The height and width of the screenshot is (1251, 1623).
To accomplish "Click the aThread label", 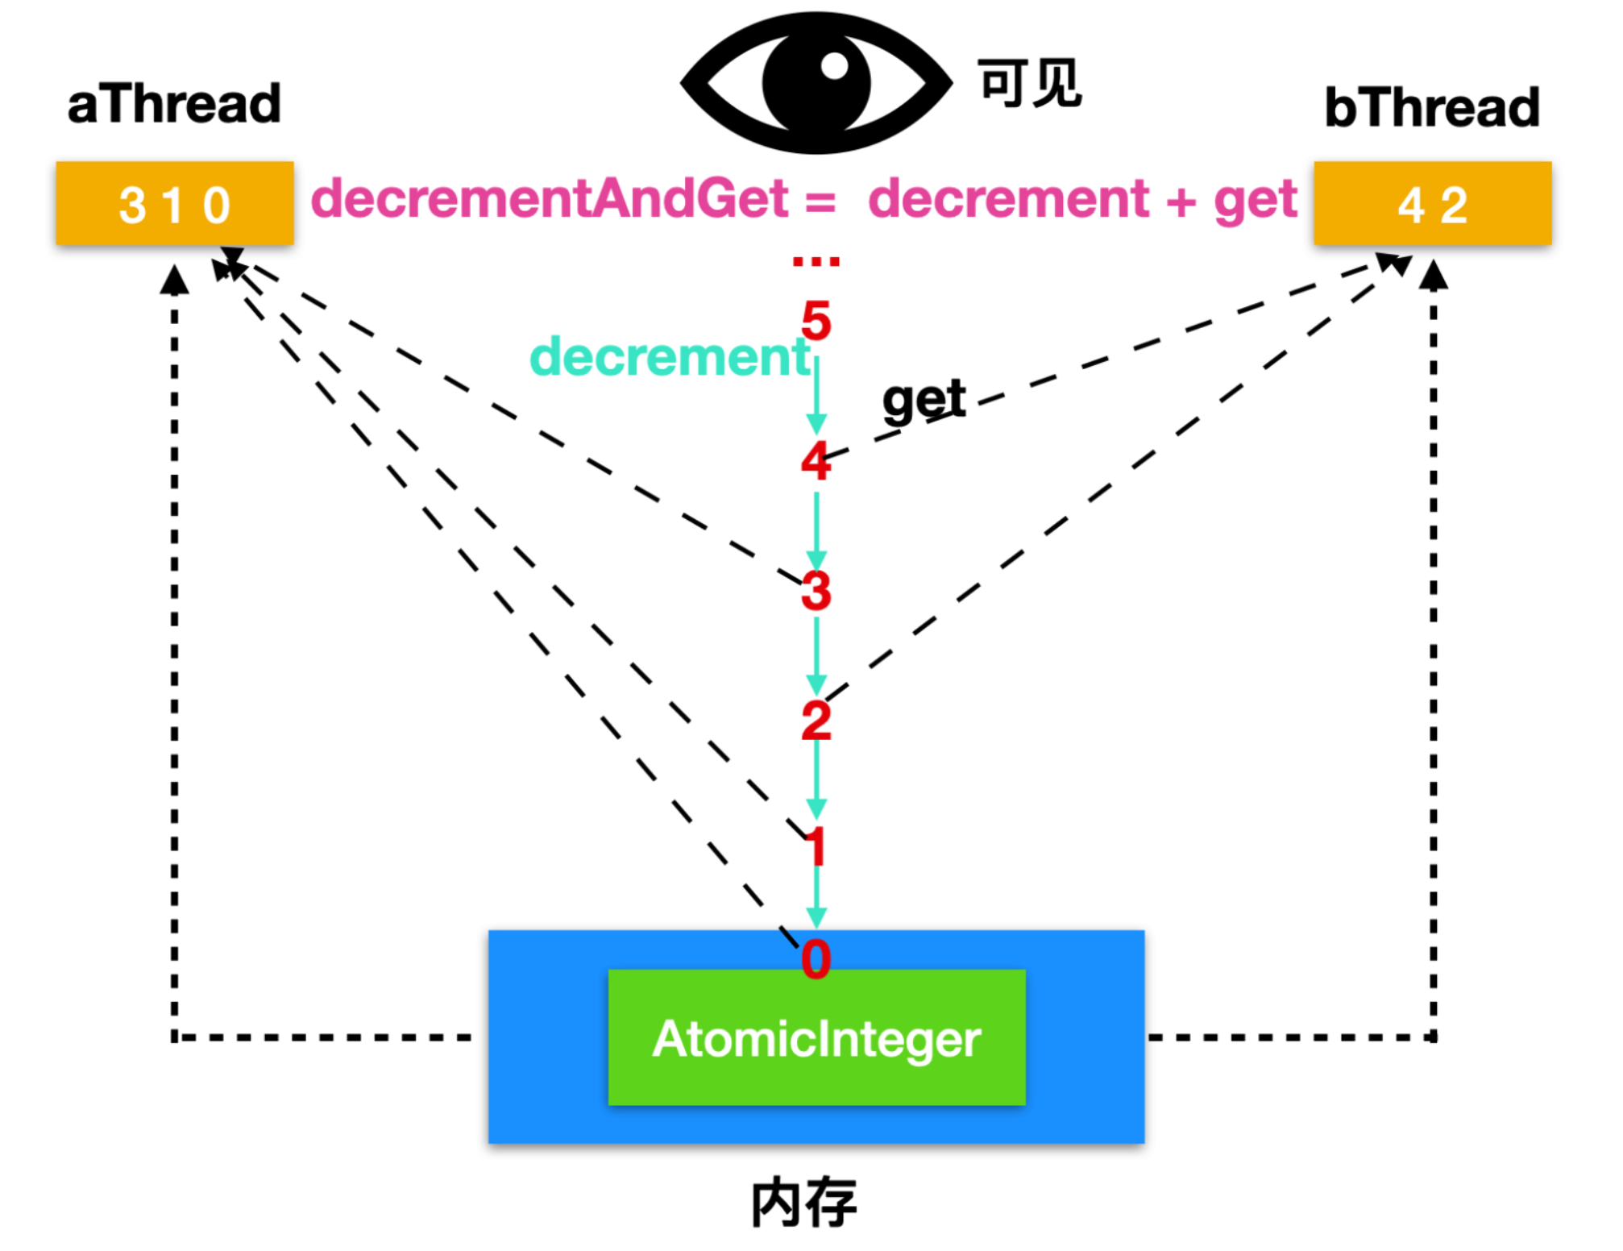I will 174,104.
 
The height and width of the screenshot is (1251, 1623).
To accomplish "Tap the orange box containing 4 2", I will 1432,203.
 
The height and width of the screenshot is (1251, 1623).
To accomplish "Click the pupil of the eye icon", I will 816,82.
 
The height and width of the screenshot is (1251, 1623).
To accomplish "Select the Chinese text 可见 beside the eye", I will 1029,82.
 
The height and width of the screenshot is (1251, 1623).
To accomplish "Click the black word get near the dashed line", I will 924,399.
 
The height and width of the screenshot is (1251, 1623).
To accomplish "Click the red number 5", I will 816,321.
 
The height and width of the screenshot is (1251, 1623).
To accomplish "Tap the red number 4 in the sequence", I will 816,461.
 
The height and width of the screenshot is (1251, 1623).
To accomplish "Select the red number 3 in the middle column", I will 816,591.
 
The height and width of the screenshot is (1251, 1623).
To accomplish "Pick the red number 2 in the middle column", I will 816,720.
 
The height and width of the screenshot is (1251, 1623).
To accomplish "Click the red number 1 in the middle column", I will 816,846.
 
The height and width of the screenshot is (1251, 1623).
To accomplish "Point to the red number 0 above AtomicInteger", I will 816,958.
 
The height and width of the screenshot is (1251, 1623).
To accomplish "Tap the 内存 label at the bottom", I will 803,1203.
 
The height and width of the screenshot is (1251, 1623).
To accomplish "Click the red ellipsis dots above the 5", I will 816,261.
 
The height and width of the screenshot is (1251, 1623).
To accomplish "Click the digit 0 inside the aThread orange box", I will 217,205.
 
